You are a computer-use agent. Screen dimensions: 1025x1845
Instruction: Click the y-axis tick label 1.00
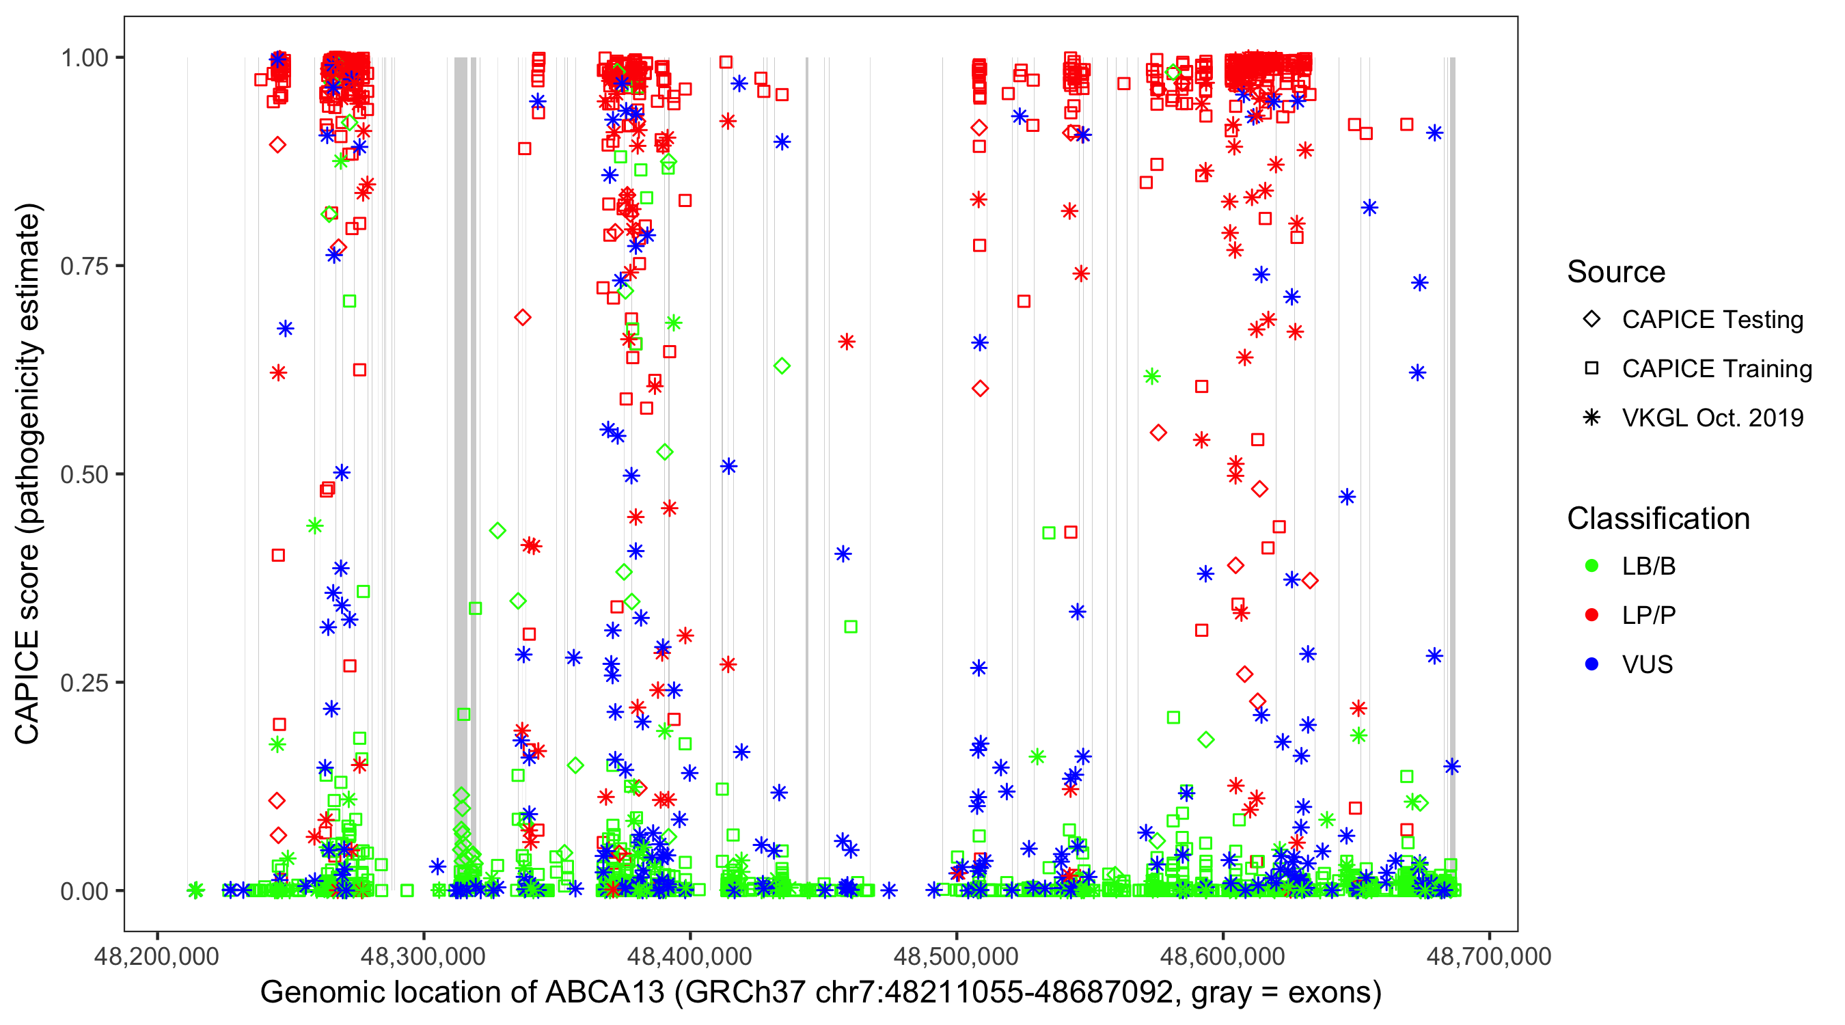tap(84, 58)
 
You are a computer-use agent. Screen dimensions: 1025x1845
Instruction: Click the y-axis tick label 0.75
tap(84, 266)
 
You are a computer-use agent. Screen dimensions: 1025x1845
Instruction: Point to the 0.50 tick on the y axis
tap(84, 475)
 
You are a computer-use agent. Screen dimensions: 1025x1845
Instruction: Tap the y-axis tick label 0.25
tap(84, 683)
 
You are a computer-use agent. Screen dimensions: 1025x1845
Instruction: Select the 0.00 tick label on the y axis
tap(84, 891)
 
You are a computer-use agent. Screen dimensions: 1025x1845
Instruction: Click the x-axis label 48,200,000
tap(157, 957)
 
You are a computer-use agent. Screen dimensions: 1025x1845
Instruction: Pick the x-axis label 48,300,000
tap(423, 957)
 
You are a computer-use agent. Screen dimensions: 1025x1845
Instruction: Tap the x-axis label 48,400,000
tap(689, 957)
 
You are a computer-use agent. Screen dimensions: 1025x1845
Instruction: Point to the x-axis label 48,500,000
tap(956, 957)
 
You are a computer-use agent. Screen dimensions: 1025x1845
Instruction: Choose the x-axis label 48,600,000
tap(1222, 957)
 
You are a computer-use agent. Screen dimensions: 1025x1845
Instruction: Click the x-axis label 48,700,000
tap(1489, 957)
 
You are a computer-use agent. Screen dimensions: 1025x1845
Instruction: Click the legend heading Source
tap(1616, 272)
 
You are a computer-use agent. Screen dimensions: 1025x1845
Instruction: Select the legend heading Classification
tap(1658, 519)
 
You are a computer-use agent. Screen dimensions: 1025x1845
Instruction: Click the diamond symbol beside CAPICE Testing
tap(1591, 320)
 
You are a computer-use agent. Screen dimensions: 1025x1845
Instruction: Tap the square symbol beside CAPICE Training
tap(1591, 369)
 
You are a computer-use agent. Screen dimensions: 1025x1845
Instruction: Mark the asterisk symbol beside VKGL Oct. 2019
tap(1591, 418)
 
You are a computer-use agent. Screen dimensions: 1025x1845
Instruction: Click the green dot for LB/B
tap(1591, 566)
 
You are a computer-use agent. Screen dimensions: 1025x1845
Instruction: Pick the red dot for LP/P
tap(1591, 615)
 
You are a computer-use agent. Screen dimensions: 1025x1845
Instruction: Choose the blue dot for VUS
tap(1591, 665)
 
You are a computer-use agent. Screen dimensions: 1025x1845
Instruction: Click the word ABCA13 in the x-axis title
tap(605, 993)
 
